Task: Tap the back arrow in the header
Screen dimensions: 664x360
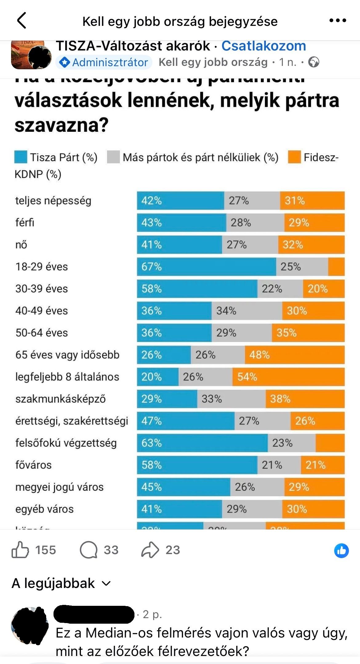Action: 22,21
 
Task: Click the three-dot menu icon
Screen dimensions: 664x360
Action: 338,21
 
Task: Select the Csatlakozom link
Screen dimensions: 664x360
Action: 264,46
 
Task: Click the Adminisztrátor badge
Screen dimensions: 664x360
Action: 104,62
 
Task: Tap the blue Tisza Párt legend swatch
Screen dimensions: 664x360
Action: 21,157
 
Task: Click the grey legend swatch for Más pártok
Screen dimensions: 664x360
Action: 113,157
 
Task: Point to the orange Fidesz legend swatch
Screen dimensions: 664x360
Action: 294,157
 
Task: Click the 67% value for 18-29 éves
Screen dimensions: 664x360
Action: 151,267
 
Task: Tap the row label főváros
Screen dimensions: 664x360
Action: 34,465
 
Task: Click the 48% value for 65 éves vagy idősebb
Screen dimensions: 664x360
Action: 259,355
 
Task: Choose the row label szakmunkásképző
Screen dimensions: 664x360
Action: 61,399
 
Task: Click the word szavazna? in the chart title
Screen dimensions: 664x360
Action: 62,125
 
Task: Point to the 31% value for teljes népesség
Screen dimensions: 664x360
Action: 294,201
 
